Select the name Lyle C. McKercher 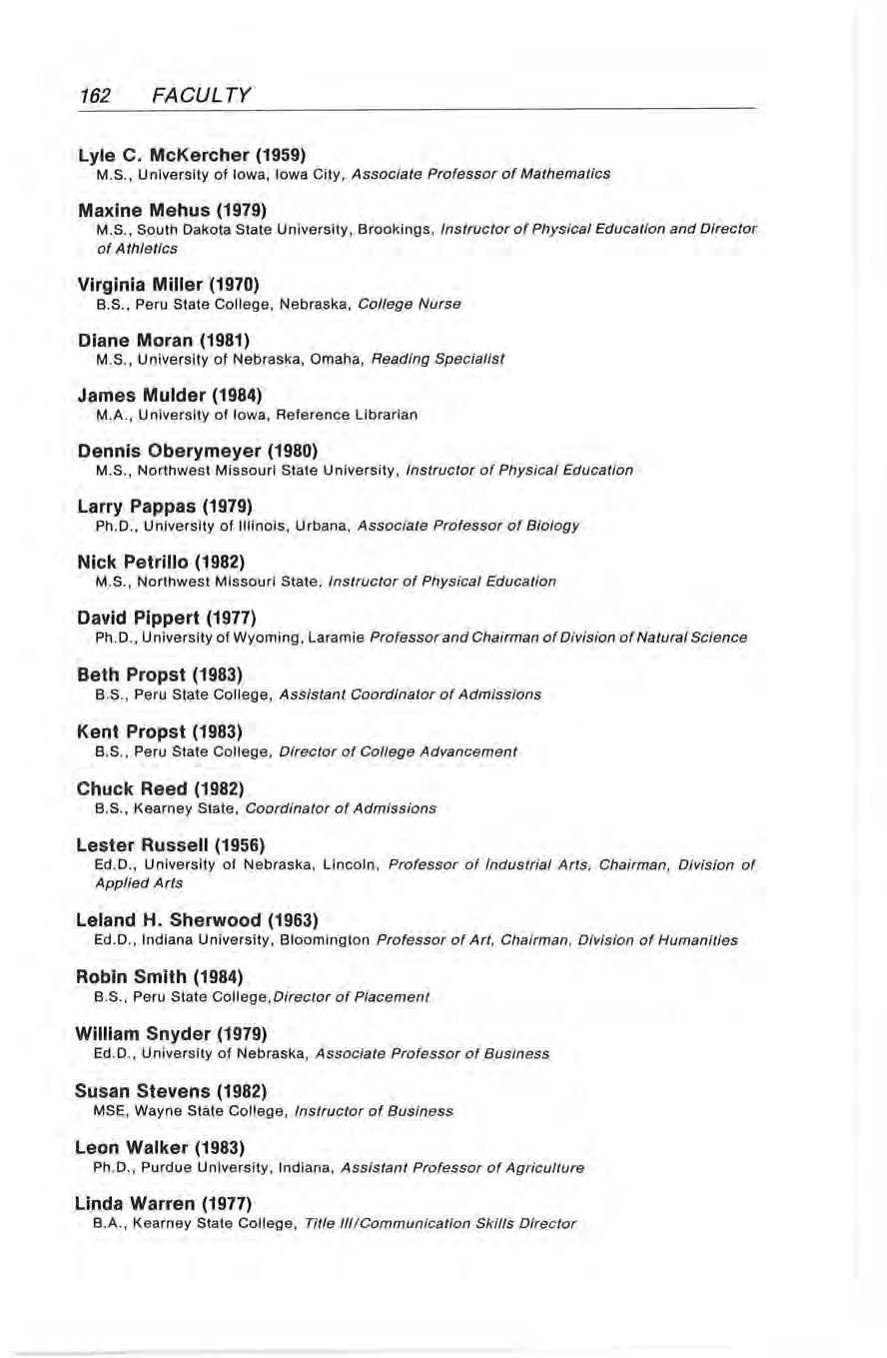pos(154,156)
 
